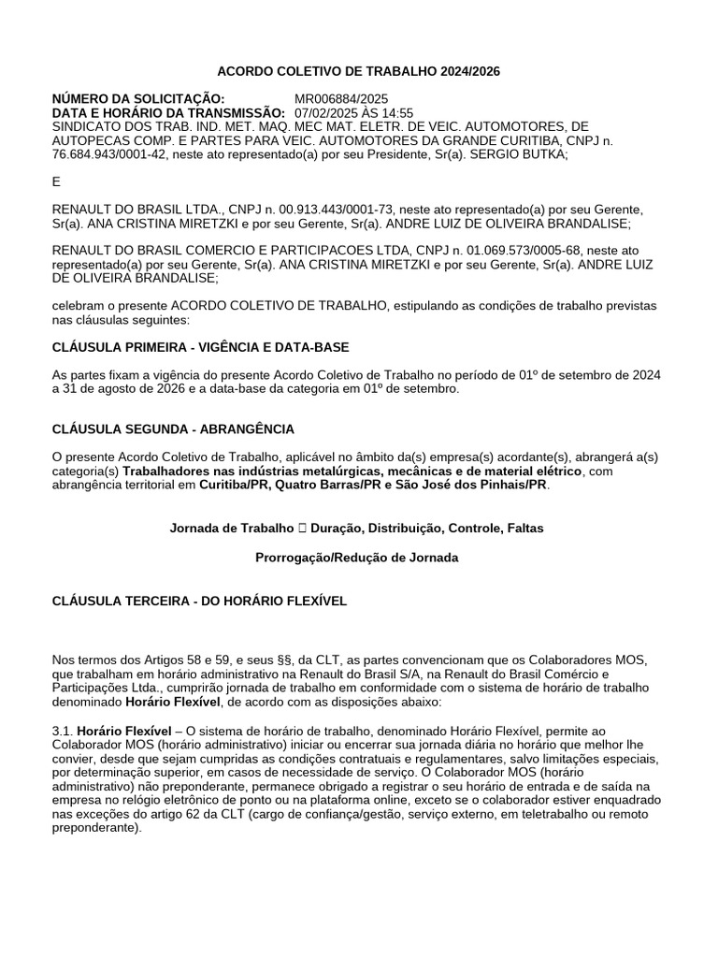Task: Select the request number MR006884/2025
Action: (x=341, y=99)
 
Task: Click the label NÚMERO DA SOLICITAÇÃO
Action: (x=138, y=99)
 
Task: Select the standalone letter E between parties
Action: (x=56, y=183)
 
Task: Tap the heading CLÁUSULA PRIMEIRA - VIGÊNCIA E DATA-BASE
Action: (x=200, y=347)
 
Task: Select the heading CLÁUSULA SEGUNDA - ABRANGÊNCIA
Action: (x=173, y=428)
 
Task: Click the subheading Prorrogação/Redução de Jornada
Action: (x=357, y=558)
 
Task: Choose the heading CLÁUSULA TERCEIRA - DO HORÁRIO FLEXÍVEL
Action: (x=199, y=601)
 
